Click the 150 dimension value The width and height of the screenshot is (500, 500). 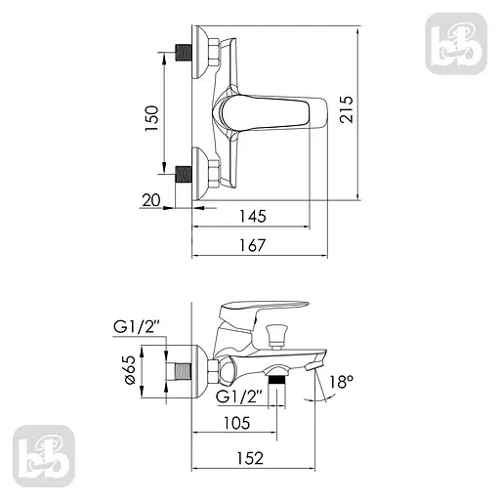point(152,118)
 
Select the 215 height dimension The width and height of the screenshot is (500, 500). point(346,109)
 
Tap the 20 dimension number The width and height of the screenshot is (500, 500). point(151,200)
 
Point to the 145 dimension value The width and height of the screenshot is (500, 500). point(253,216)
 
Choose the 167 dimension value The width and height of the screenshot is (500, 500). point(253,245)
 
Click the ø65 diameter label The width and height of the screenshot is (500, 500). point(129,369)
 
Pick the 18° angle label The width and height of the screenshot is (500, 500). point(342,381)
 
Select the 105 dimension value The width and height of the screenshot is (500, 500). point(236,423)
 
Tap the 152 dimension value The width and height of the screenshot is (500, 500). point(250,458)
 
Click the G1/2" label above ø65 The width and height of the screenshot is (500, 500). point(136,327)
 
